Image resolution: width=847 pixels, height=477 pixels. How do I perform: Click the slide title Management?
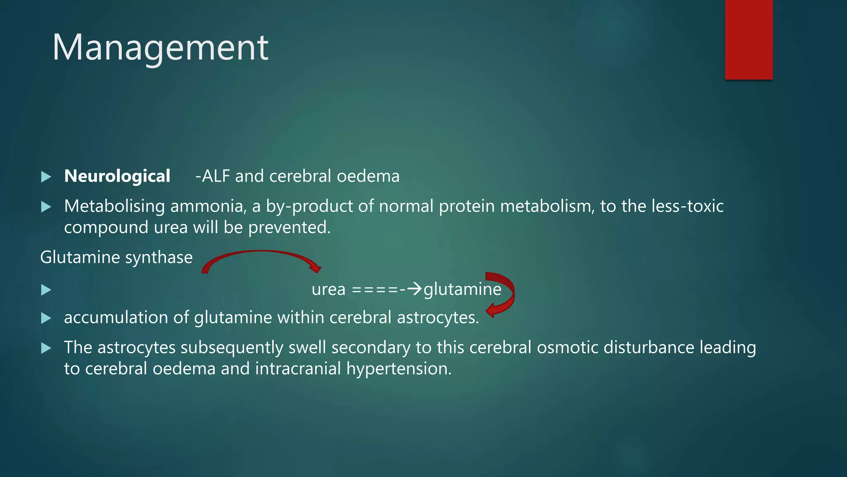coord(160,48)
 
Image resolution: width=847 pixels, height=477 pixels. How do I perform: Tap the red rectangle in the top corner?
coord(749,40)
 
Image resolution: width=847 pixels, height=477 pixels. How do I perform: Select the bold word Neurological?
coord(117,176)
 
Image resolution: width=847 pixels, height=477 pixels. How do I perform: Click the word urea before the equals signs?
coord(328,289)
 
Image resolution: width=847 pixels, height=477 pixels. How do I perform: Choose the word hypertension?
coord(399,369)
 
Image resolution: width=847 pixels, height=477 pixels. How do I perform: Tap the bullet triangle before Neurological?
coord(46,177)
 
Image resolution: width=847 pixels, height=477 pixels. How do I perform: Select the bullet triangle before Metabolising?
coord(46,207)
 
